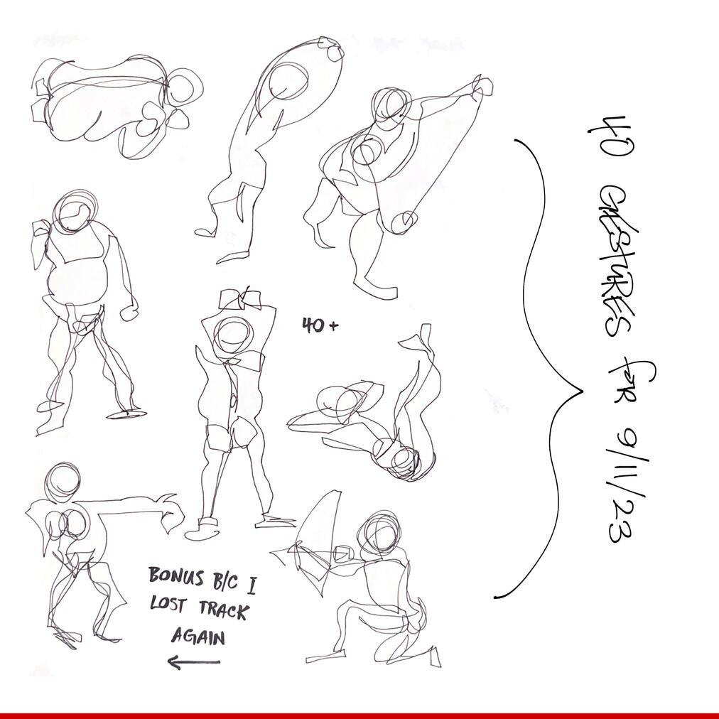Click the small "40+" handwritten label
point(320,325)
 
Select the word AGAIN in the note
point(198,637)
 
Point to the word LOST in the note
point(168,604)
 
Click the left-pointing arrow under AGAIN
point(193,661)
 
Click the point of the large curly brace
point(583,392)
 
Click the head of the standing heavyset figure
point(75,212)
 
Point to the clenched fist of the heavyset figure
point(129,313)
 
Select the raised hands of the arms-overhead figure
point(240,300)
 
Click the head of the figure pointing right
point(63,483)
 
